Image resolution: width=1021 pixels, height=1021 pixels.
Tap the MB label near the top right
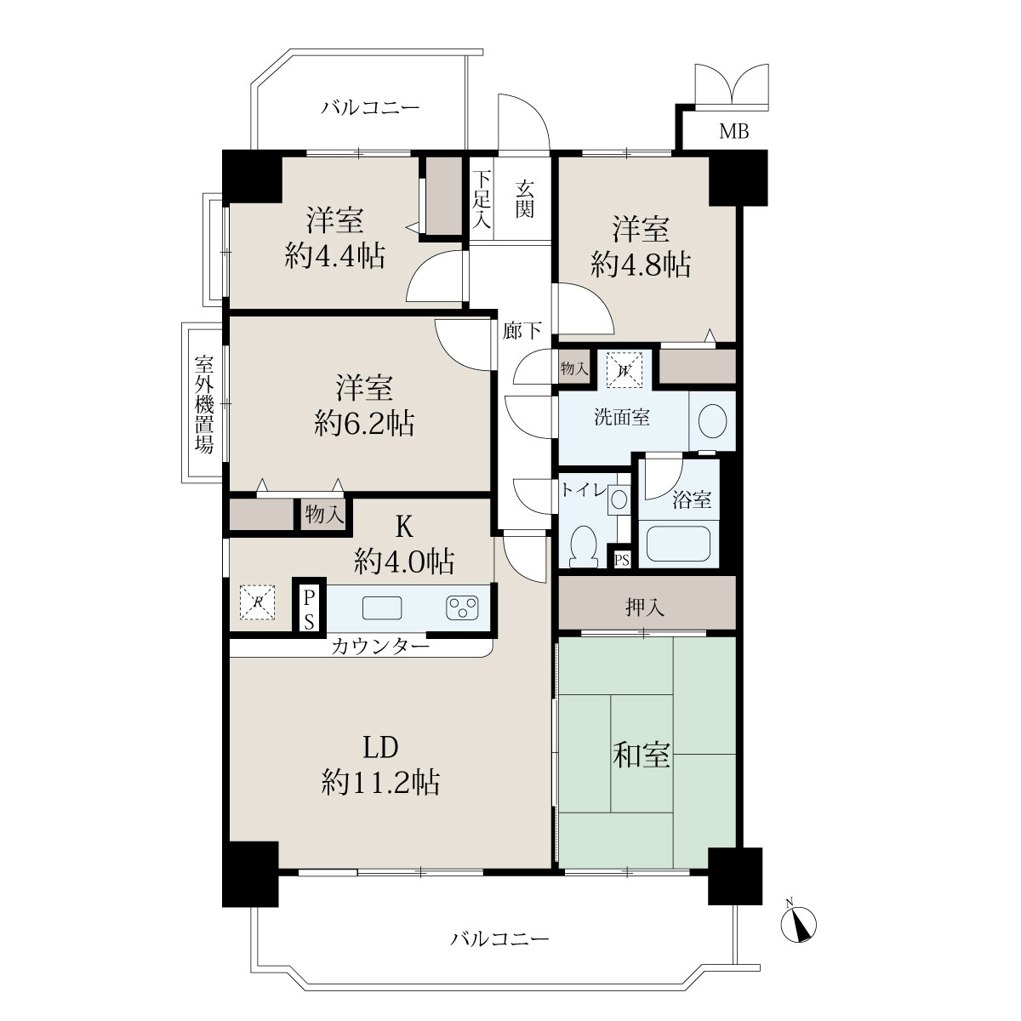[733, 131]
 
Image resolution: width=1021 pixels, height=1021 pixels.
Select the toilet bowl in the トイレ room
[584, 545]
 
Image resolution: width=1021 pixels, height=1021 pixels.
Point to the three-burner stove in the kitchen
[462, 607]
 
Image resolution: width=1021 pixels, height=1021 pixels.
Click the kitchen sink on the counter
[381, 607]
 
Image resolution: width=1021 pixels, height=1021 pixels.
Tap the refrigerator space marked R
[257, 602]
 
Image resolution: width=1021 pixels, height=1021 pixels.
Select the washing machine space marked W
[625, 370]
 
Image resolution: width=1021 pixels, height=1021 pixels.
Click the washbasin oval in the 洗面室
[712, 421]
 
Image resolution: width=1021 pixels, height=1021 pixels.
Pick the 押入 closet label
[645, 607]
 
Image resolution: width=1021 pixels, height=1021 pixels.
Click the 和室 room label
[642, 755]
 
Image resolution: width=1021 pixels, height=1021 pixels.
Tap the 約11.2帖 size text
[380, 782]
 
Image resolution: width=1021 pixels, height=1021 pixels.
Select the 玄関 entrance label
[525, 199]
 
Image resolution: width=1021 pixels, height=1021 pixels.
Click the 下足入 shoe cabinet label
[482, 199]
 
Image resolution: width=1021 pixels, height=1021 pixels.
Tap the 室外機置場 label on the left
[204, 404]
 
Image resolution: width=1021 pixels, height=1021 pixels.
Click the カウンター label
[379, 647]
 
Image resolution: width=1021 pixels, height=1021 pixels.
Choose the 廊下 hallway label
[522, 331]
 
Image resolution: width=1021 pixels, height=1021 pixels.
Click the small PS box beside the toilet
[622, 560]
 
